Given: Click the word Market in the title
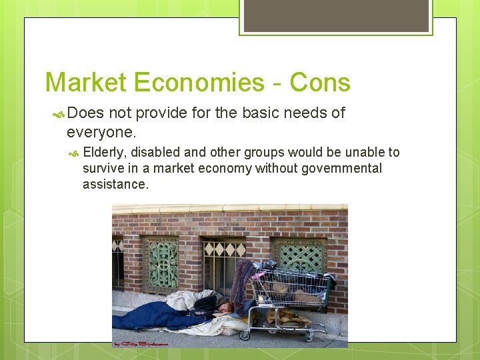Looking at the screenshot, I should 85,83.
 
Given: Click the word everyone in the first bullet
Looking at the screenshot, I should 99,131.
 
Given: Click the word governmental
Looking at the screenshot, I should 342,168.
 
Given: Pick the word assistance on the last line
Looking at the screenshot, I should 115,184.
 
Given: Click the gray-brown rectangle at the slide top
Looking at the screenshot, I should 336,15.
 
